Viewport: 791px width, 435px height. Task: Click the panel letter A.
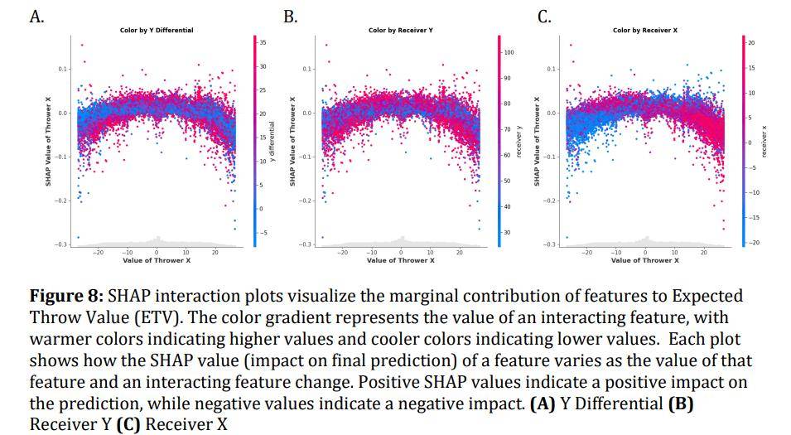tap(36, 17)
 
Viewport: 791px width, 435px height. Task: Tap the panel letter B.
tap(291, 17)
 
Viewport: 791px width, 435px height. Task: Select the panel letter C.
tap(545, 17)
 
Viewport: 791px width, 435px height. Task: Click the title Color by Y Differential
tap(157, 31)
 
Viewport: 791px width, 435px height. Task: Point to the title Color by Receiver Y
tap(400, 31)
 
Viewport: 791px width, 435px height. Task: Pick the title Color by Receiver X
tap(644, 31)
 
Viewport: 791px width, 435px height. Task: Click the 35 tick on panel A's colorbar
tap(263, 42)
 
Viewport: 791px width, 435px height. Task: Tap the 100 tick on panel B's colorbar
tap(509, 52)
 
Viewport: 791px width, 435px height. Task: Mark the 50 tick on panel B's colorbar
tap(507, 181)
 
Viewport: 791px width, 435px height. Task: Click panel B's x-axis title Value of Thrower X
tap(400, 260)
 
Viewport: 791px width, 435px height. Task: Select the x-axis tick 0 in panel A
tap(157, 252)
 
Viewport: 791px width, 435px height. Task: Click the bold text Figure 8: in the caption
tap(66, 296)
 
